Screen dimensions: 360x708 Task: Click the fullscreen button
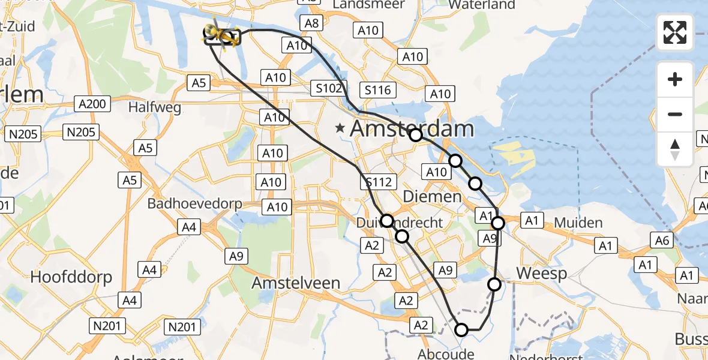pos(675,32)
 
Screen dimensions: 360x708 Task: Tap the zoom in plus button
pos(675,79)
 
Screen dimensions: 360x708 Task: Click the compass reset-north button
pos(675,149)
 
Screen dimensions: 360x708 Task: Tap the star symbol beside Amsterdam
pos(341,127)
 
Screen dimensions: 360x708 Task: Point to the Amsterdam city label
pos(412,128)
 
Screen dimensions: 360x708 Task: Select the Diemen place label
pos(432,196)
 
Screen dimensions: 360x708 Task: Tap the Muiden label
pos(578,223)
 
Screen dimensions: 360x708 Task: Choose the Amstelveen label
pos(296,283)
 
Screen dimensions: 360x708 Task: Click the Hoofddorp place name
pos(71,277)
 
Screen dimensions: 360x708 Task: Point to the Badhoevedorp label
pos(195,204)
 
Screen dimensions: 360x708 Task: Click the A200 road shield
pos(92,104)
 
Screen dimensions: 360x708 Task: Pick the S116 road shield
pos(378,91)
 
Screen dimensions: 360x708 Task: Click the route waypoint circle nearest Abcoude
pos(461,329)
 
